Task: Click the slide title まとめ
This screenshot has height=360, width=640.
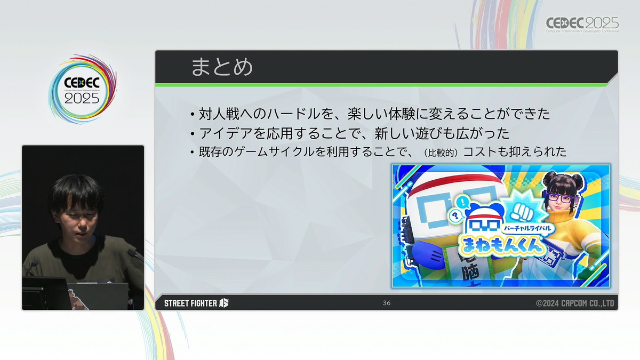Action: click(x=222, y=67)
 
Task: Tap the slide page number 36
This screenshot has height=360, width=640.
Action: click(x=387, y=303)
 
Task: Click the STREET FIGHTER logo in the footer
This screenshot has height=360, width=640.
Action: click(x=196, y=303)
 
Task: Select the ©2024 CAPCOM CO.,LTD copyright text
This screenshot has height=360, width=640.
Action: click(x=575, y=303)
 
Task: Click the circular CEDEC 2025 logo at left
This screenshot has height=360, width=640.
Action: click(x=82, y=90)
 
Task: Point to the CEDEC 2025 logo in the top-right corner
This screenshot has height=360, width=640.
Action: click(x=582, y=25)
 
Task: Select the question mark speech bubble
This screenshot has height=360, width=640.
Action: click(x=455, y=215)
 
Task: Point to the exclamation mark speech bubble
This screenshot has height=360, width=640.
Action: click(x=462, y=202)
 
